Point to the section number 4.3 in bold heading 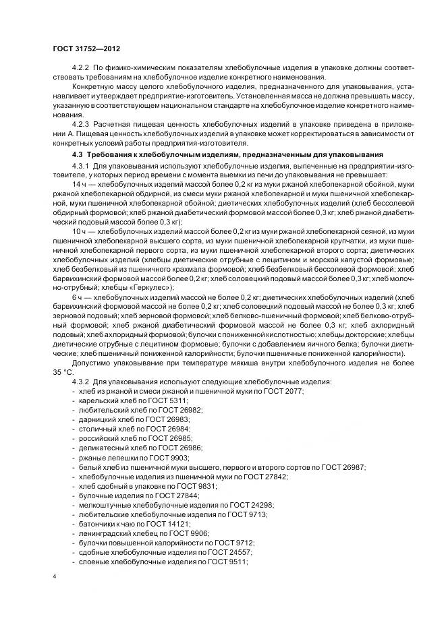(76, 156)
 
